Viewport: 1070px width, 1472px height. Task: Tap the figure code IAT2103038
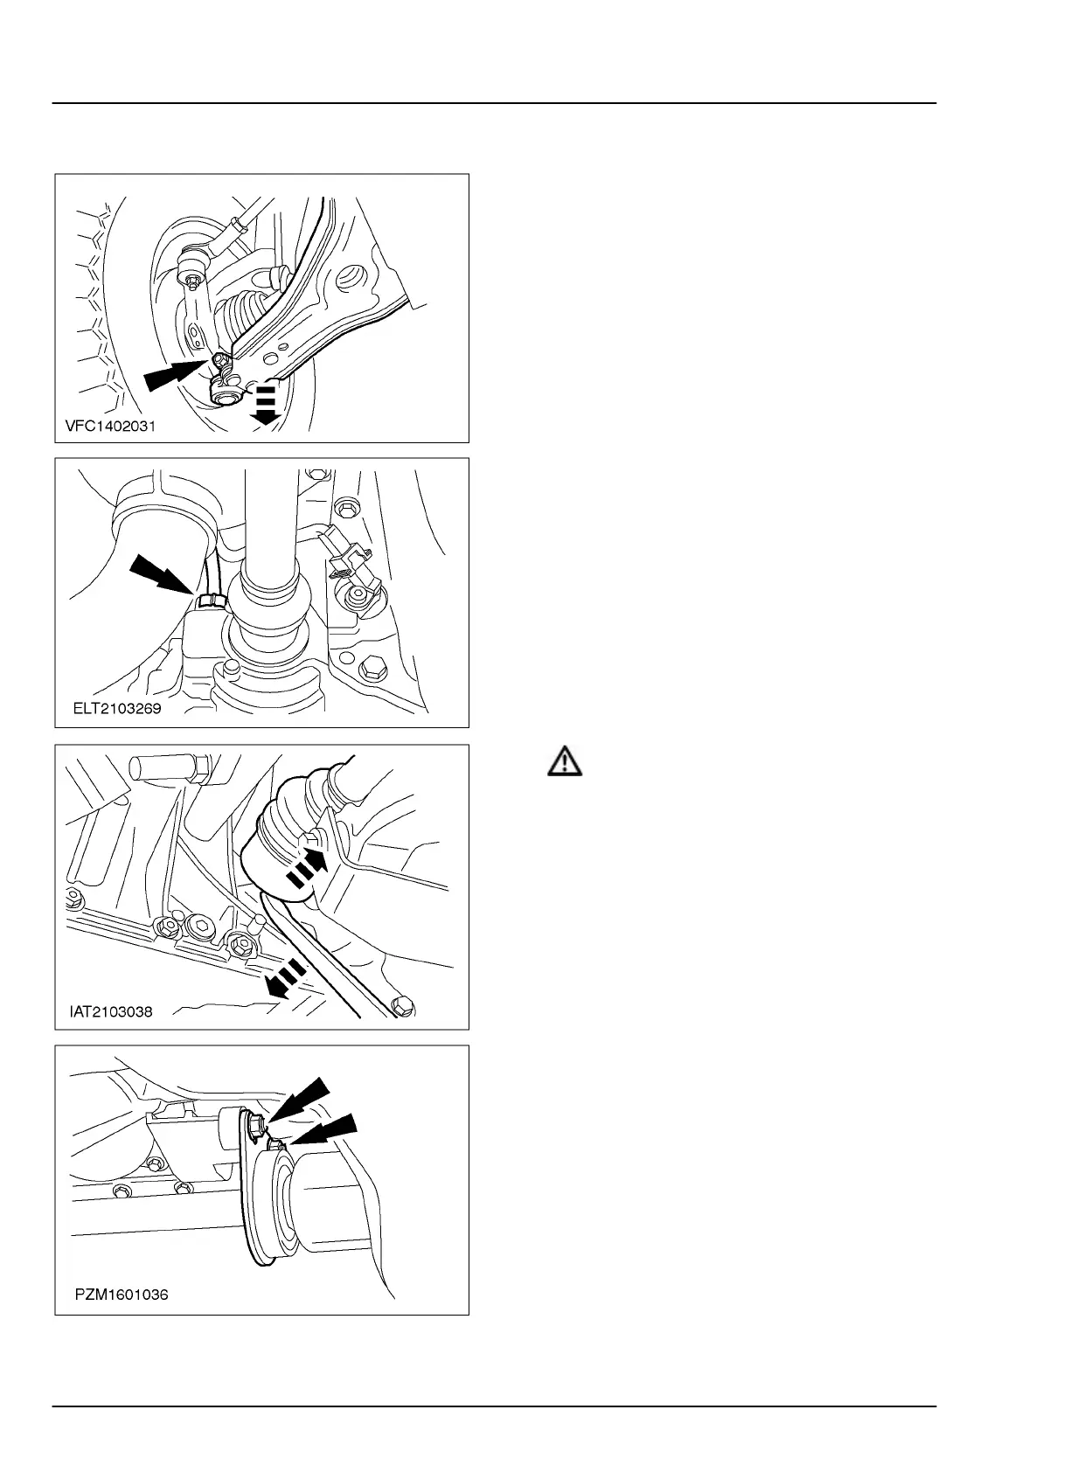click(111, 1012)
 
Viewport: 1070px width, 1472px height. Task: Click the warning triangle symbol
click(565, 761)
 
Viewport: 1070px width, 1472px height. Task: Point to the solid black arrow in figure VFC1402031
click(173, 373)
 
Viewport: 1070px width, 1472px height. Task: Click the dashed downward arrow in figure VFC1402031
click(265, 403)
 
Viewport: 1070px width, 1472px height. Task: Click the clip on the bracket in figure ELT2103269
click(349, 560)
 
